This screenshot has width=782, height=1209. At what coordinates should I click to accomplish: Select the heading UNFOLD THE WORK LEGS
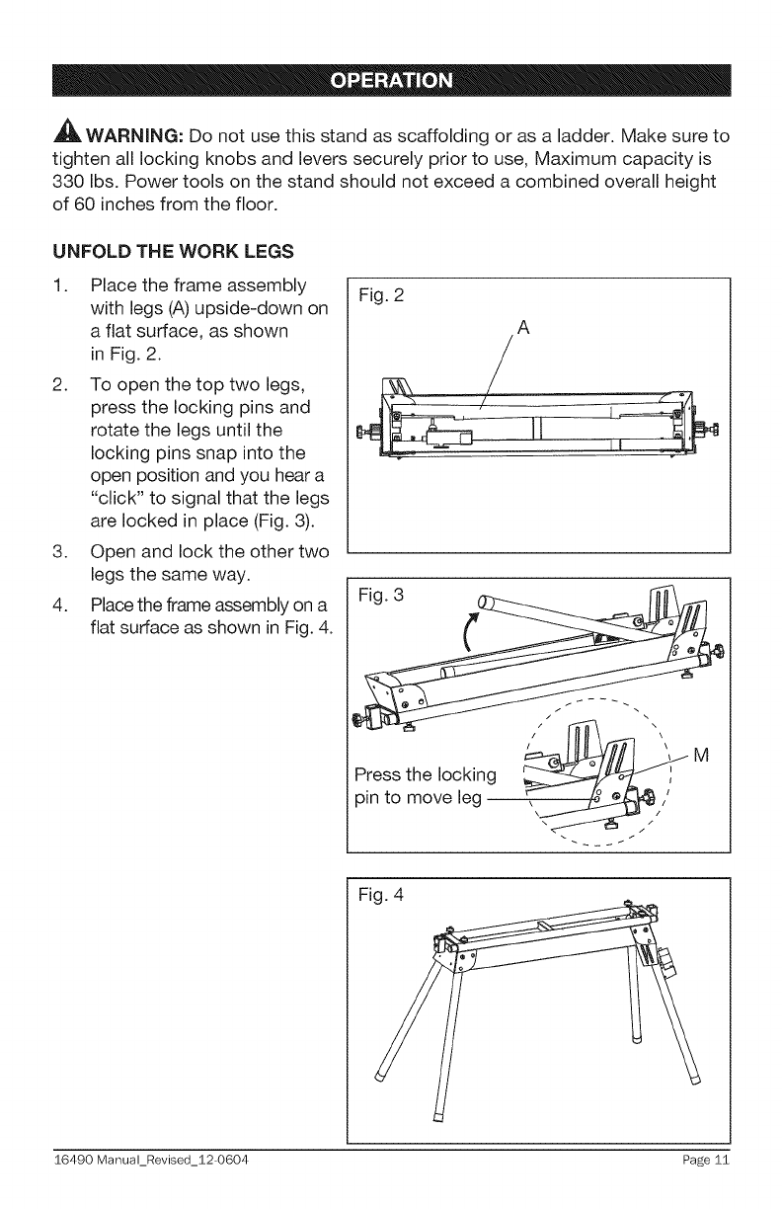pyautogui.click(x=166, y=251)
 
